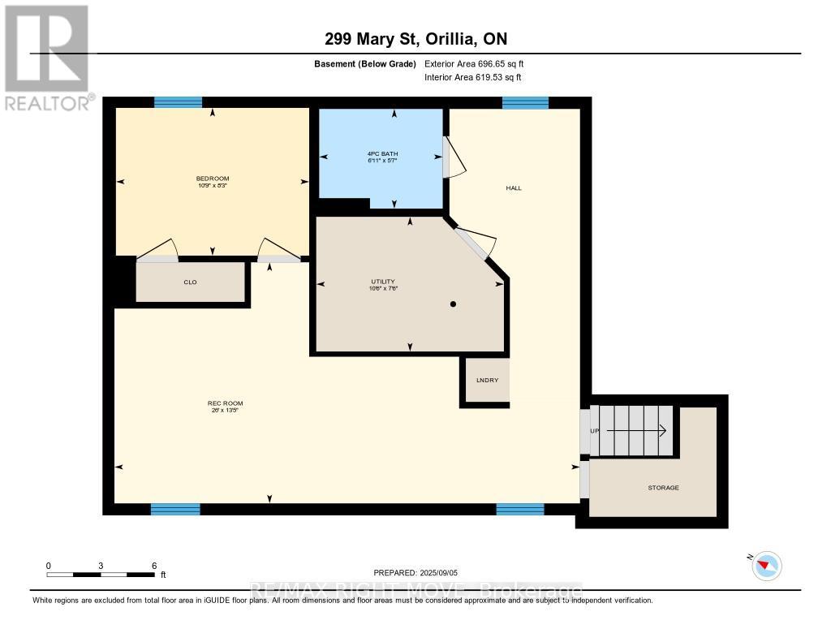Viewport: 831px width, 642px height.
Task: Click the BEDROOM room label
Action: click(x=213, y=179)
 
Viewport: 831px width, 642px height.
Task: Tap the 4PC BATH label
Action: click(x=381, y=153)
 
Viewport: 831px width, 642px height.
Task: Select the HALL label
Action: click(x=514, y=187)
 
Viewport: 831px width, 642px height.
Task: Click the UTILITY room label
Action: click(x=382, y=282)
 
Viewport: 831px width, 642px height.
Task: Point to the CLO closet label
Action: click(x=191, y=282)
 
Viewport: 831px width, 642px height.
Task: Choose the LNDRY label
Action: click(x=487, y=380)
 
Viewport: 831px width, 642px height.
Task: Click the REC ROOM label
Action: click(x=225, y=403)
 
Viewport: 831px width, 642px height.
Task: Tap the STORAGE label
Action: click(x=663, y=487)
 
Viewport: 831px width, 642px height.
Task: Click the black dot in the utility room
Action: click(x=454, y=304)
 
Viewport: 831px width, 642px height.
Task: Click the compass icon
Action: click(x=766, y=565)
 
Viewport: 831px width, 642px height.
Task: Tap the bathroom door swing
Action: click(x=454, y=156)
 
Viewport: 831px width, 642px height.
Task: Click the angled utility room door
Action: click(x=476, y=241)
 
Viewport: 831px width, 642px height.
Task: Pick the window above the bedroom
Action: click(x=178, y=102)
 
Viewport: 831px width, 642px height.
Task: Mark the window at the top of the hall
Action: click(x=525, y=102)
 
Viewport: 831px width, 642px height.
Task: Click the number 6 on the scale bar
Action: click(x=153, y=565)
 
